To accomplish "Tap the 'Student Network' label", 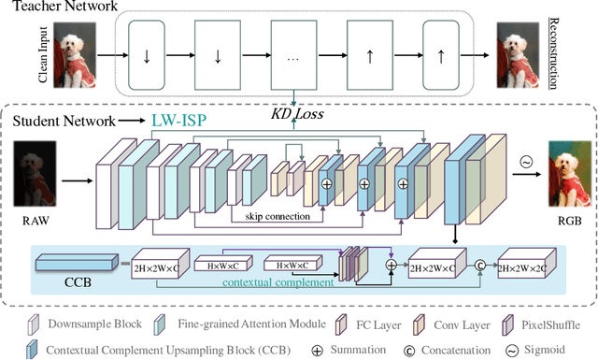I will tap(59, 121).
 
